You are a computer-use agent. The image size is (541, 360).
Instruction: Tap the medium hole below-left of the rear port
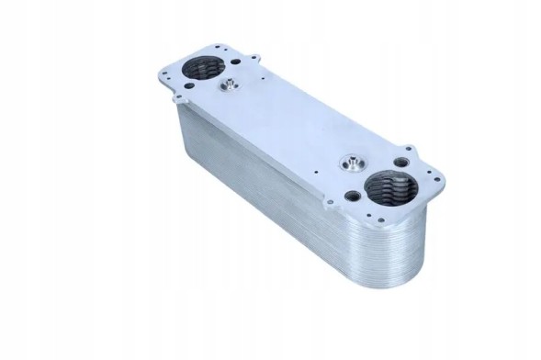click(184, 84)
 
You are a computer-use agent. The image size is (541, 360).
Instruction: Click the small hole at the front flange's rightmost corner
click(432, 180)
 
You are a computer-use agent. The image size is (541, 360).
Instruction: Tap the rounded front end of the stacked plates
click(404, 266)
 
